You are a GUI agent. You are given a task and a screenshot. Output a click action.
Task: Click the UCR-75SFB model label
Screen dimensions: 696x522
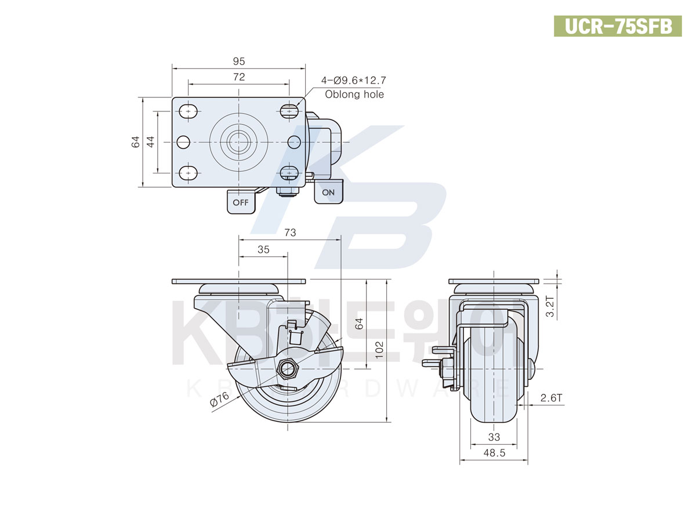click(x=618, y=26)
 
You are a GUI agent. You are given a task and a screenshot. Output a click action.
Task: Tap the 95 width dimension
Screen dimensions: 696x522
click(x=239, y=61)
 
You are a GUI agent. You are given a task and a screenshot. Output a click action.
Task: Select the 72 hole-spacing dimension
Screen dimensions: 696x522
click(x=239, y=77)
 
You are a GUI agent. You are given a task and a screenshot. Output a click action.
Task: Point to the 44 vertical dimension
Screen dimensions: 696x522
click(x=150, y=142)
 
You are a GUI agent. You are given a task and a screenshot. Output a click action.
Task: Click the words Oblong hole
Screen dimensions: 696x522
click(x=354, y=95)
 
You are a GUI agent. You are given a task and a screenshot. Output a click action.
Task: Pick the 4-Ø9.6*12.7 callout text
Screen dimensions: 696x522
click(x=354, y=80)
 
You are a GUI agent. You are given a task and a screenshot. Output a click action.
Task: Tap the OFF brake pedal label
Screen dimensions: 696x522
click(x=241, y=202)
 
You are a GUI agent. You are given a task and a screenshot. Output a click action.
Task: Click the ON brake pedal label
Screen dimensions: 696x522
click(x=328, y=193)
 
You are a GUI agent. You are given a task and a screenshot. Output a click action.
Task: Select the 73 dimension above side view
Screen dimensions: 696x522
click(x=290, y=233)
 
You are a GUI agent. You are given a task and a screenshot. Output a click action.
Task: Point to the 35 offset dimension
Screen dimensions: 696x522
click(x=263, y=250)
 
